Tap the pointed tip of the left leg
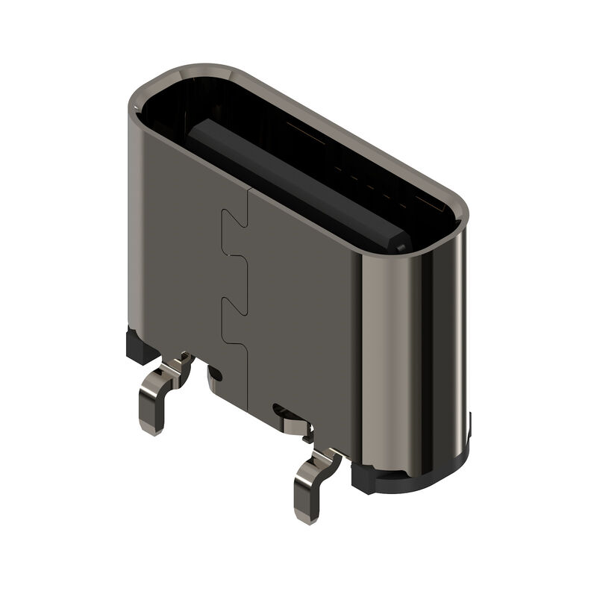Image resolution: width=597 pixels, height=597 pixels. pyautogui.click(x=152, y=430)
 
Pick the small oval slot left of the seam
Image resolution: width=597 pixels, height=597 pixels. pyautogui.click(x=216, y=372)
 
